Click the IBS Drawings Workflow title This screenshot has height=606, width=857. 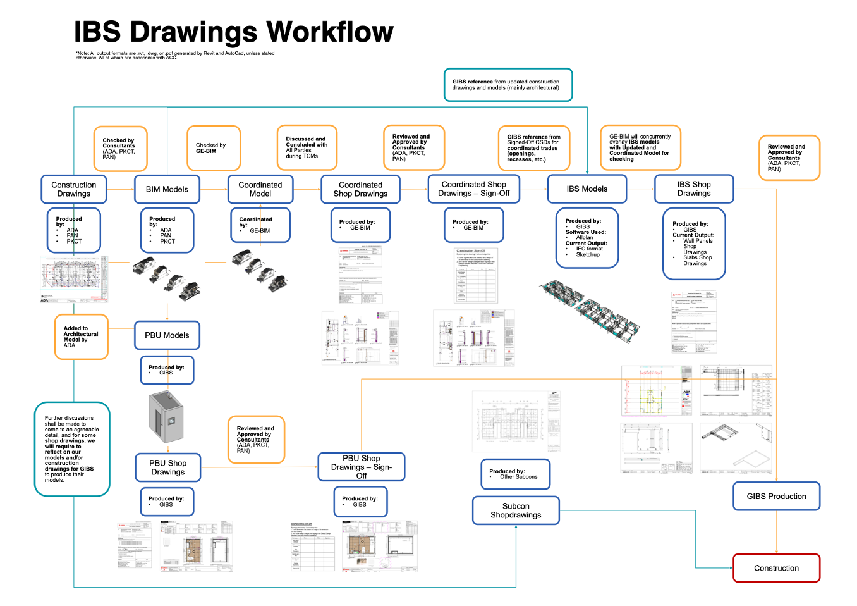(233, 32)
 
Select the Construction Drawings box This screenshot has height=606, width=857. (74, 189)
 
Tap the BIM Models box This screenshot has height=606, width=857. (167, 189)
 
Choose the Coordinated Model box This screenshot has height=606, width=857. (260, 189)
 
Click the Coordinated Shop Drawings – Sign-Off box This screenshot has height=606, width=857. (473, 189)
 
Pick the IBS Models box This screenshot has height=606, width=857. (587, 189)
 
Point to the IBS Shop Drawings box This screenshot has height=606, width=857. (693, 189)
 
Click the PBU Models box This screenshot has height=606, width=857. (167, 335)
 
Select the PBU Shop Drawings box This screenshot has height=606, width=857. (167, 467)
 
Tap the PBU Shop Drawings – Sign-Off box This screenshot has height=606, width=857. (361, 467)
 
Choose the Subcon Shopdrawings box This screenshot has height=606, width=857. (516, 510)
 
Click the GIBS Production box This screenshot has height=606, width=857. (776, 497)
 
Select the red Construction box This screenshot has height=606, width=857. (776, 568)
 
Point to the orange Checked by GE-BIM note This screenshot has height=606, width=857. (214, 149)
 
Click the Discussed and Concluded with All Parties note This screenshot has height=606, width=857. (307, 147)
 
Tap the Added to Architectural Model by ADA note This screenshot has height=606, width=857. (81, 337)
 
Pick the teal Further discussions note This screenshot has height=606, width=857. (72, 449)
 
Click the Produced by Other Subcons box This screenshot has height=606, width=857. (515, 474)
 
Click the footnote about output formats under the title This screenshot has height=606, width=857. (175, 56)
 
